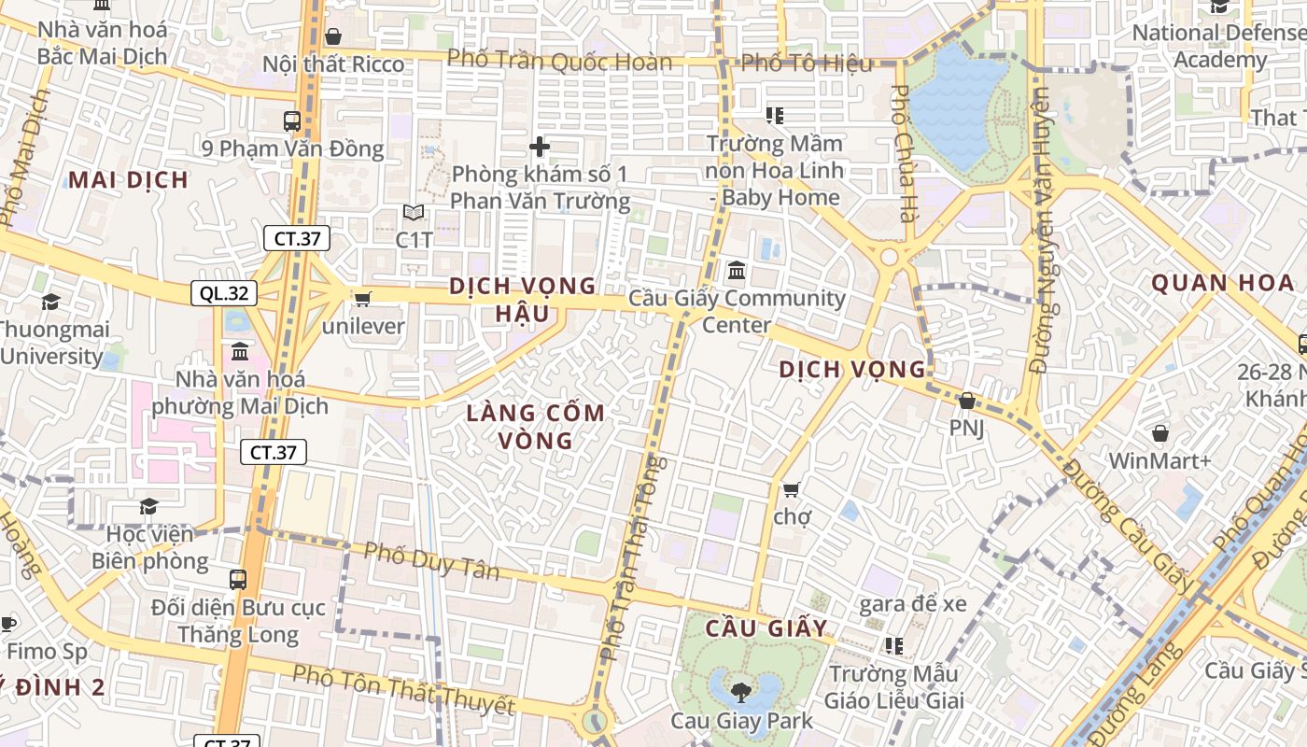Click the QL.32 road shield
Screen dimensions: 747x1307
pos(224,293)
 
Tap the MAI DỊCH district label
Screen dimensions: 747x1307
pos(128,180)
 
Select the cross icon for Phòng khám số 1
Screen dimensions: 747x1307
pos(539,147)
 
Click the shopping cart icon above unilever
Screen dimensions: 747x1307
pos(362,299)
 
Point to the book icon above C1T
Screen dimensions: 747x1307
pos(413,213)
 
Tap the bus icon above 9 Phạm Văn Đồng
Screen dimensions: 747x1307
pos(292,120)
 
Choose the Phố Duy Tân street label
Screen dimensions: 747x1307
pos(431,560)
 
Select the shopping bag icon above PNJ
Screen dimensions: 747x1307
pos(967,401)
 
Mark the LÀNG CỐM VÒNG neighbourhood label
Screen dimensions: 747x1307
pos(535,426)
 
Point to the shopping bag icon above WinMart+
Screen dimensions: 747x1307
pos(1159,433)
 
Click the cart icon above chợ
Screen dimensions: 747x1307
pos(792,489)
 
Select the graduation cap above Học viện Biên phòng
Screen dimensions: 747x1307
pos(148,506)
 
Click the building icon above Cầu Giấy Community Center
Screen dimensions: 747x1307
pos(737,271)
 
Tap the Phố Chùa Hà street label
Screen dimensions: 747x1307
pos(902,153)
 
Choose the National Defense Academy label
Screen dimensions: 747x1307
pos(1219,47)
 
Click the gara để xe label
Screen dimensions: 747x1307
pos(912,603)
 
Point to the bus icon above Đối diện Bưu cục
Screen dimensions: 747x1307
pos(238,579)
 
